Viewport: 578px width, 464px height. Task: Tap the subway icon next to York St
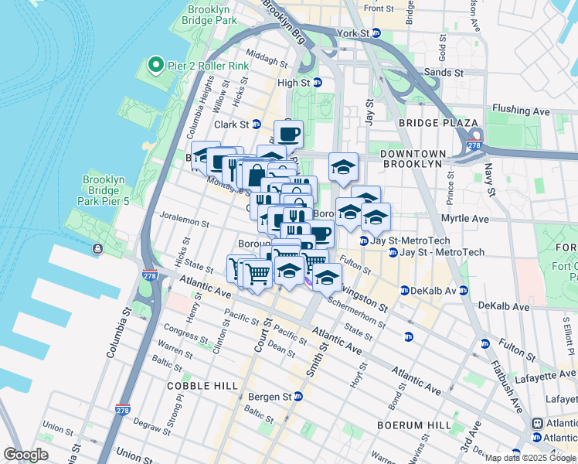pos(376,33)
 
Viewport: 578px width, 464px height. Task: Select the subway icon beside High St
pos(317,83)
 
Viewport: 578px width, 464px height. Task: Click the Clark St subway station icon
pos(257,124)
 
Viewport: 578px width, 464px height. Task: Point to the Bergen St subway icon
pos(297,396)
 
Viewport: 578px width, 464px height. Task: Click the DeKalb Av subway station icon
pos(404,291)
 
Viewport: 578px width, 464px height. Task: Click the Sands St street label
pos(444,73)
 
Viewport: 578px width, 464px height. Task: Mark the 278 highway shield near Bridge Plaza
pos(474,144)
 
